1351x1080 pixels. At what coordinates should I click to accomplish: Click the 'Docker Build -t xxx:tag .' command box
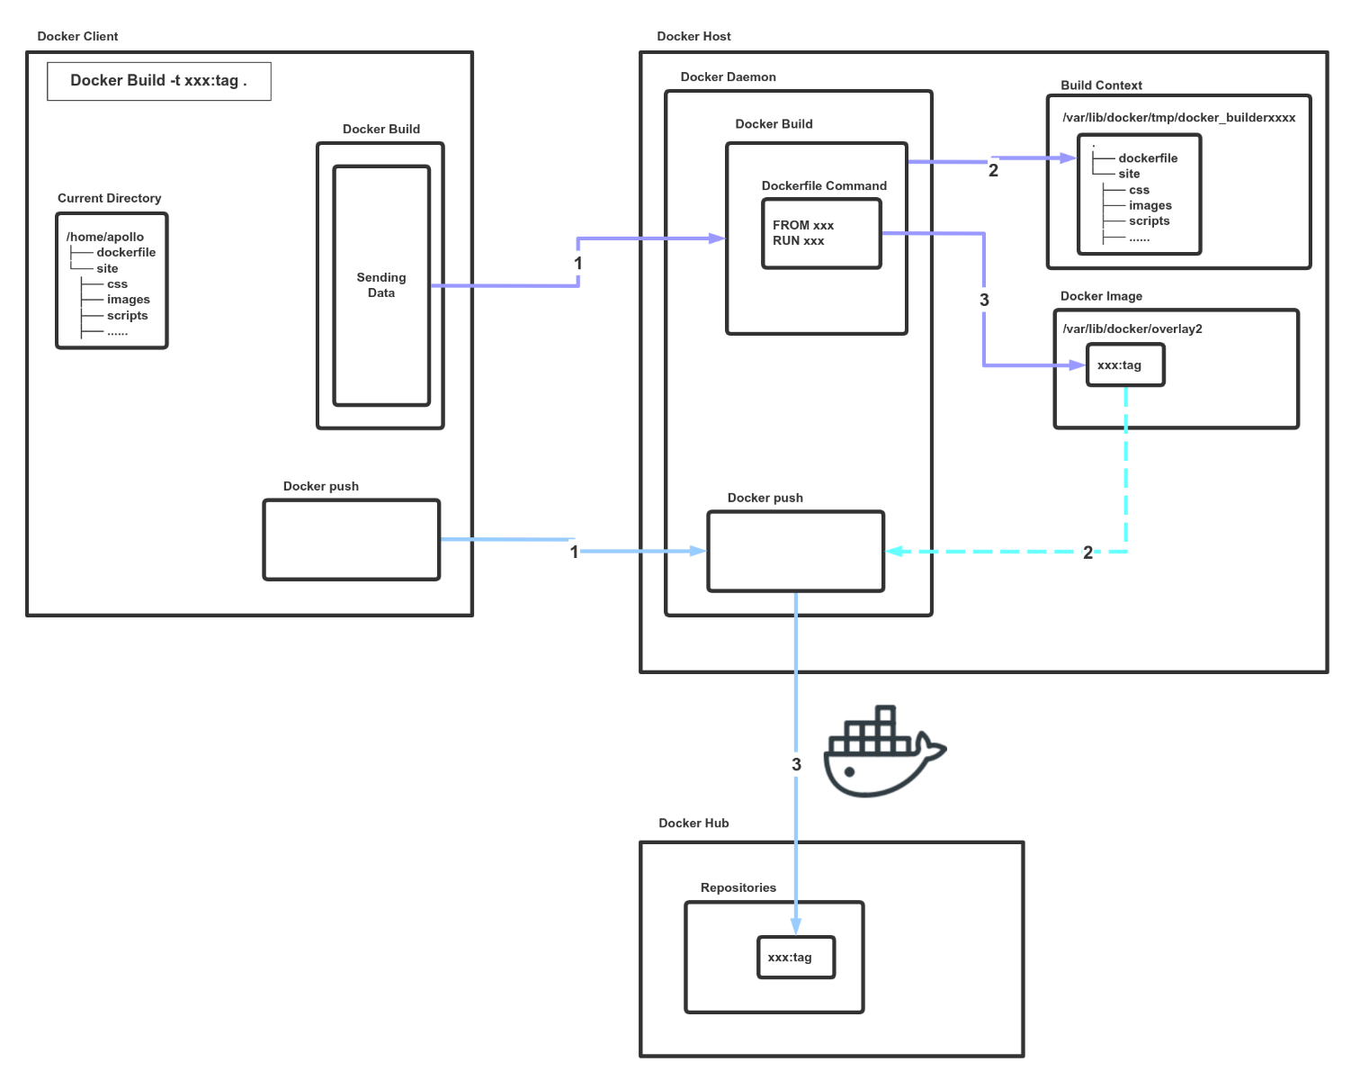pos(158,81)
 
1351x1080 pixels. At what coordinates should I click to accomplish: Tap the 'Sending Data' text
pos(381,285)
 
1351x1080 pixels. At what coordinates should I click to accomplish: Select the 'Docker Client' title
pos(77,36)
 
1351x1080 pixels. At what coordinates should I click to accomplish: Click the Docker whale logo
pos(883,752)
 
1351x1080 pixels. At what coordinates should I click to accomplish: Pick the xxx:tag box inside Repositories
pos(795,958)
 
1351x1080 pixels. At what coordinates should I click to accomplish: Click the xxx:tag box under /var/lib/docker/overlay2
pos(1125,365)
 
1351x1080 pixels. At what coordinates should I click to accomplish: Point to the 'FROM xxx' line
pos(803,225)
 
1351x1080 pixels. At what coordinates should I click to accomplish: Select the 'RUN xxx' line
pos(799,241)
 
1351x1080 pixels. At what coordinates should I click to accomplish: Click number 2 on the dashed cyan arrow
pos(1087,553)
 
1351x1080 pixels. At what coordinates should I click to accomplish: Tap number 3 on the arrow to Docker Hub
pos(796,764)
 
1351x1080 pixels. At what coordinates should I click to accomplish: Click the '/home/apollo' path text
pos(105,237)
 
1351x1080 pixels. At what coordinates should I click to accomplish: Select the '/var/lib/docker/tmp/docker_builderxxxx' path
pos(1178,118)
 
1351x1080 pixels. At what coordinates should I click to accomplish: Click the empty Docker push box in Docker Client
pos(351,540)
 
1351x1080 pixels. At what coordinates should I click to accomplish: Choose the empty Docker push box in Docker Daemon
pos(795,552)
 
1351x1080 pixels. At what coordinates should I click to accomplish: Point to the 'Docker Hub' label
pos(693,823)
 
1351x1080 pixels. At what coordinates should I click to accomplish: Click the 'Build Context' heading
pos(1101,85)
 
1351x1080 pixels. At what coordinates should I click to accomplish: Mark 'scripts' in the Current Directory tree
pos(127,316)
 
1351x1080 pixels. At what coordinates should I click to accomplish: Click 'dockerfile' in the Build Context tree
pos(1148,158)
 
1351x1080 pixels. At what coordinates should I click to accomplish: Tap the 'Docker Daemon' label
pos(728,76)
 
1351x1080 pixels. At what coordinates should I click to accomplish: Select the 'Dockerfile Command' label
pos(824,185)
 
